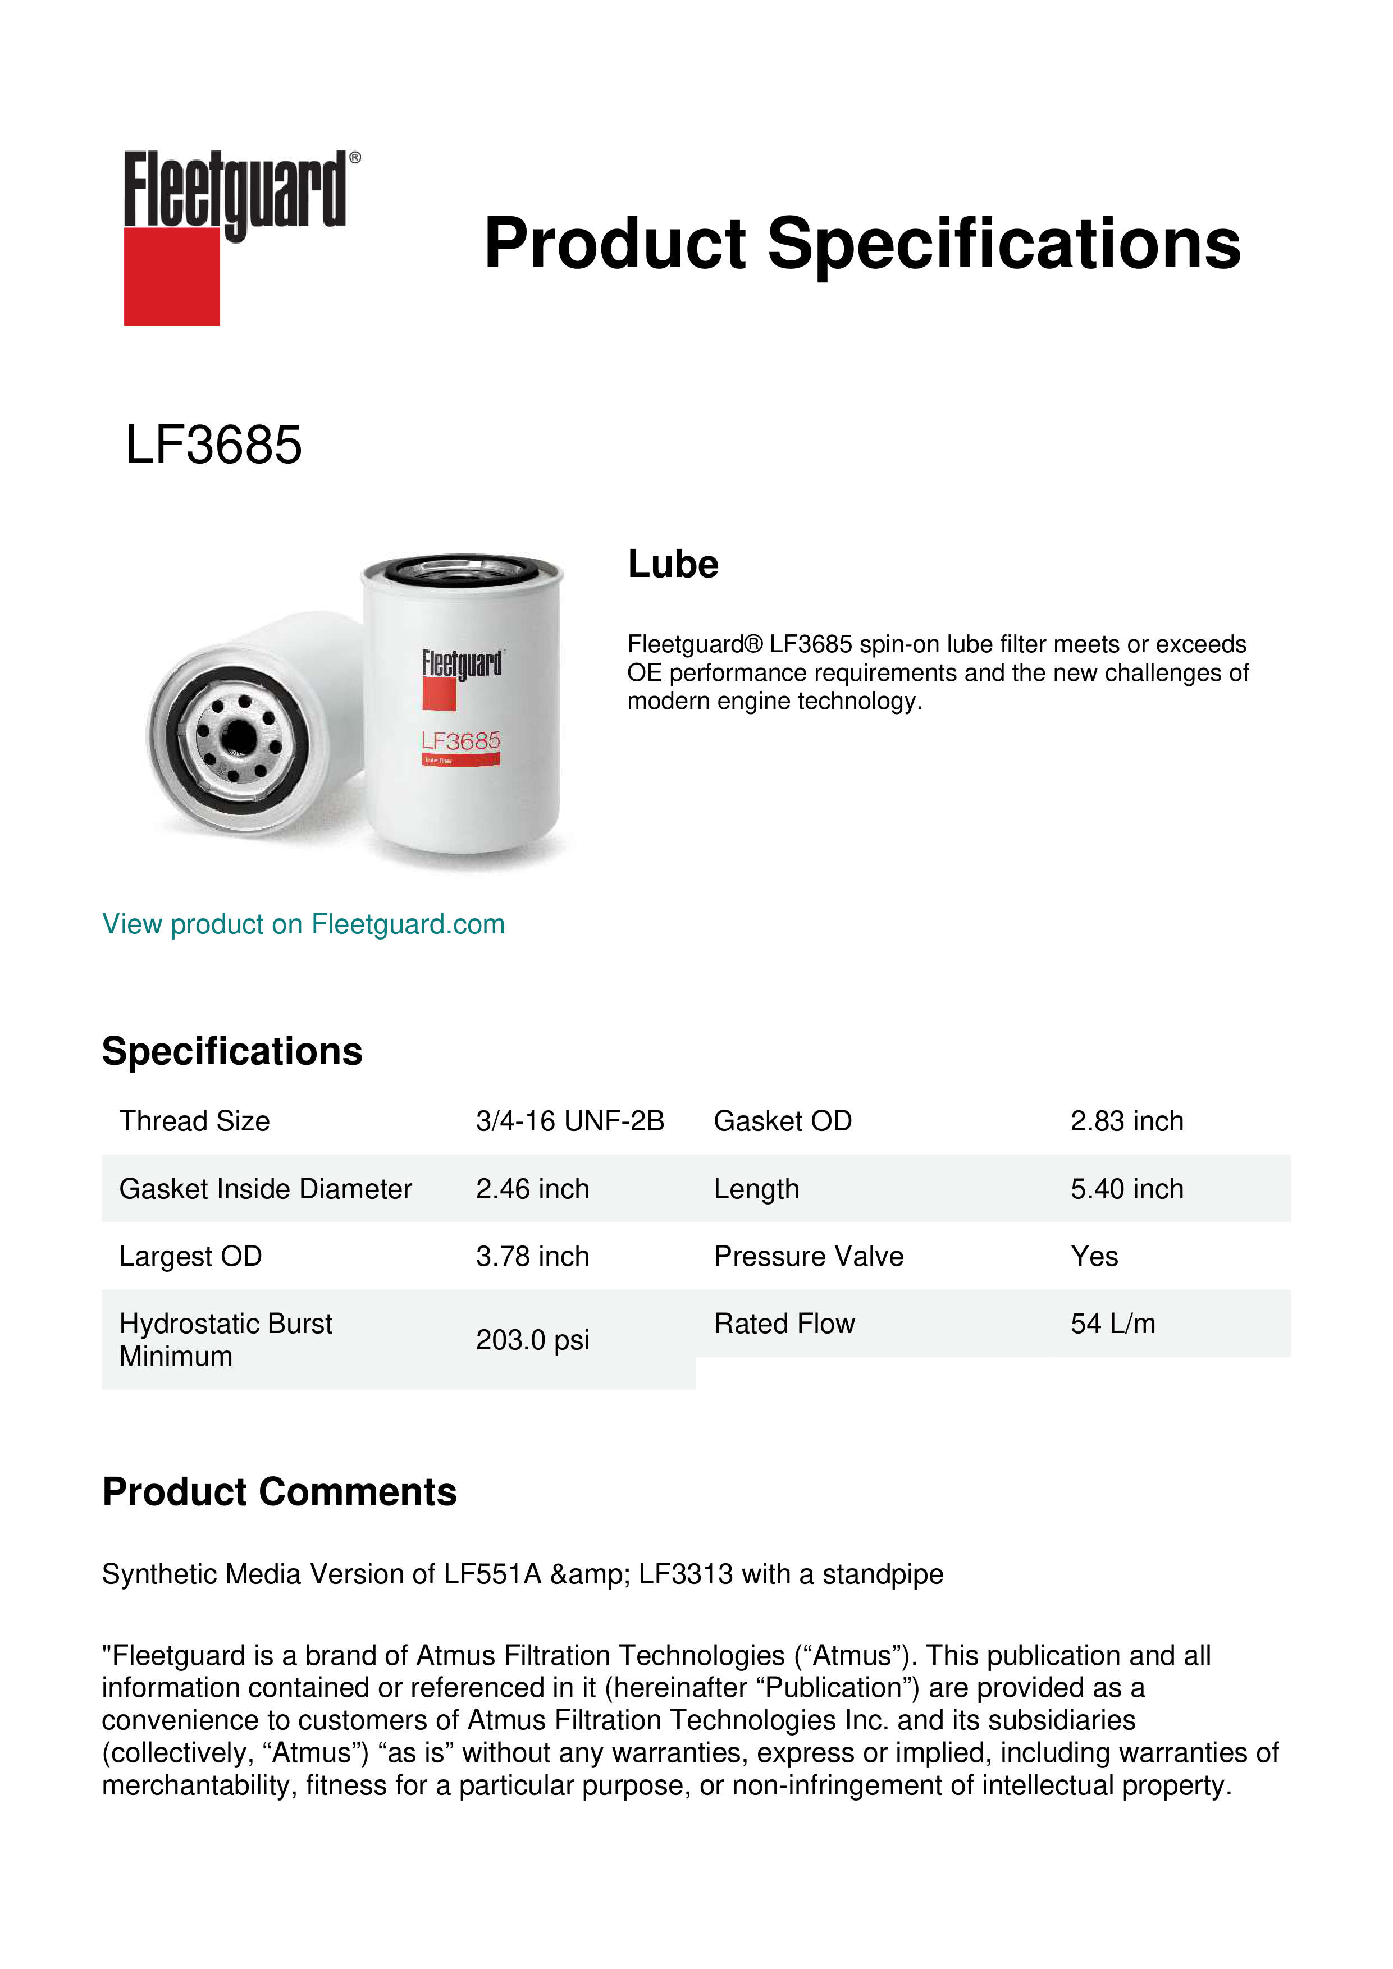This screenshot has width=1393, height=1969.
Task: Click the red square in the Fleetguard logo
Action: [x=172, y=276]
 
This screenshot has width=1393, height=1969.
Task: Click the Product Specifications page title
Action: [x=862, y=244]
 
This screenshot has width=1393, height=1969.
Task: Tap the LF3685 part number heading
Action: [x=213, y=445]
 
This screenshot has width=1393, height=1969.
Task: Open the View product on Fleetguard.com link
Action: [x=304, y=924]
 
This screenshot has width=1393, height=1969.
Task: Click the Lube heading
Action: [x=673, y=564]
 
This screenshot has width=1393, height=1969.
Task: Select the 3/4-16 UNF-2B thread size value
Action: [x=569, y=1121]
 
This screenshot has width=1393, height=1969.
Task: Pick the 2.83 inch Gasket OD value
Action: [x=1126, y=1121]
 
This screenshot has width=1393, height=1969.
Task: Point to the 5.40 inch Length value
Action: [x=1126, y=1189]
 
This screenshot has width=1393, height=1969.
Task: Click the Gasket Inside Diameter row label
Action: [x=265, y=1189]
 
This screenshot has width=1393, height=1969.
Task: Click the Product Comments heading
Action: [x=279, y=1492]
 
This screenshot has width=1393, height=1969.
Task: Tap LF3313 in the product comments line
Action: [x=686, y=1574]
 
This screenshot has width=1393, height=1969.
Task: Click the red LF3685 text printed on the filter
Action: [x=460, y=741]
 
